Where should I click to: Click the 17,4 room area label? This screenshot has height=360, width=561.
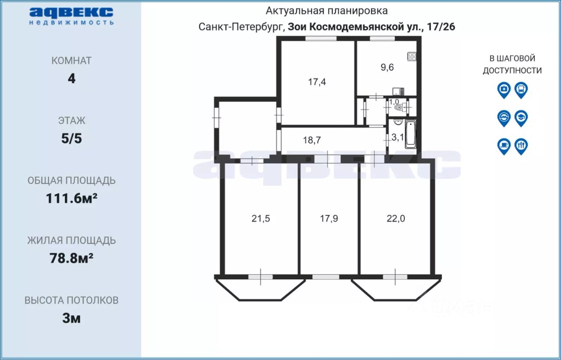pos(317,82)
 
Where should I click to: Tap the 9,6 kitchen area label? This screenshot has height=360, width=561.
pos(387,67)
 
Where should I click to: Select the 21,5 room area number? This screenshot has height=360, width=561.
pos(261,218)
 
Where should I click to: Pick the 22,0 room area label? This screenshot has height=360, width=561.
pos(396,218)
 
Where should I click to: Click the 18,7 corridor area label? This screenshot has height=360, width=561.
pos(312,140)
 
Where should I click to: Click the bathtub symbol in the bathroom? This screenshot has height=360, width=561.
pos(410,134)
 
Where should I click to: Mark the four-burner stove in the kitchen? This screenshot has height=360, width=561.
pos(412,56)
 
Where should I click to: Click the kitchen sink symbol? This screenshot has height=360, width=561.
pos(397,92)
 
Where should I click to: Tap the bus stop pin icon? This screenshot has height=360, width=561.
pos(521,89)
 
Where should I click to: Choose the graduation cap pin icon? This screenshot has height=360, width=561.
pos(521,117)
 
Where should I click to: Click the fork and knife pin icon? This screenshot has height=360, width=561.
pos(521,145)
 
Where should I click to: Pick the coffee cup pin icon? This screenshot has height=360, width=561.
pos(504,145)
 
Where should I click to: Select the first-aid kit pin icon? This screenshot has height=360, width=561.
pos(504,89)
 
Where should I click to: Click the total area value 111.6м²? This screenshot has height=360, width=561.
pos(71,199)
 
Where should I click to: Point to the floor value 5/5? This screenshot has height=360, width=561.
pos(71,139)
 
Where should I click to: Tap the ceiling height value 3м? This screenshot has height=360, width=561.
pos(71,318)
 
